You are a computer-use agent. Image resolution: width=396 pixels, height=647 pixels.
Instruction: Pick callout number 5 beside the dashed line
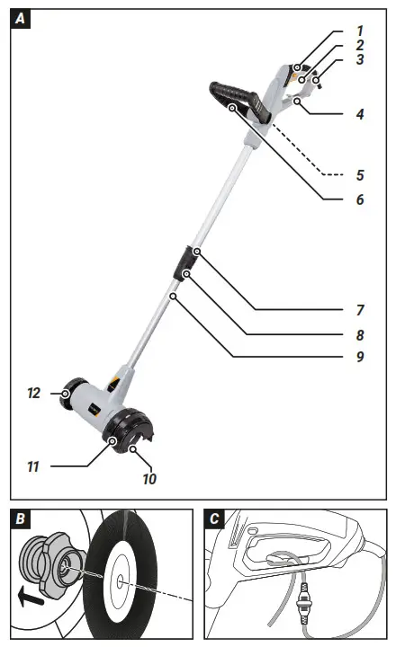[x=359, y=173]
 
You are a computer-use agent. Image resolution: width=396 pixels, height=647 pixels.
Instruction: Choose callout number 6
[x=359, y=199]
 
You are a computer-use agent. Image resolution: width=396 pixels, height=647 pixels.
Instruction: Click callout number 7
[x=359, y=310]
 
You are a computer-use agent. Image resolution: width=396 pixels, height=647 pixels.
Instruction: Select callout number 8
[x=359, y=334]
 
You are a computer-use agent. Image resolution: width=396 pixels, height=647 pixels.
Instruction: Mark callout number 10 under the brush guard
[x=148, y=479]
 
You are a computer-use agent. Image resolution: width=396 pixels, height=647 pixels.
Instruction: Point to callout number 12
[x=34, y=394]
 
